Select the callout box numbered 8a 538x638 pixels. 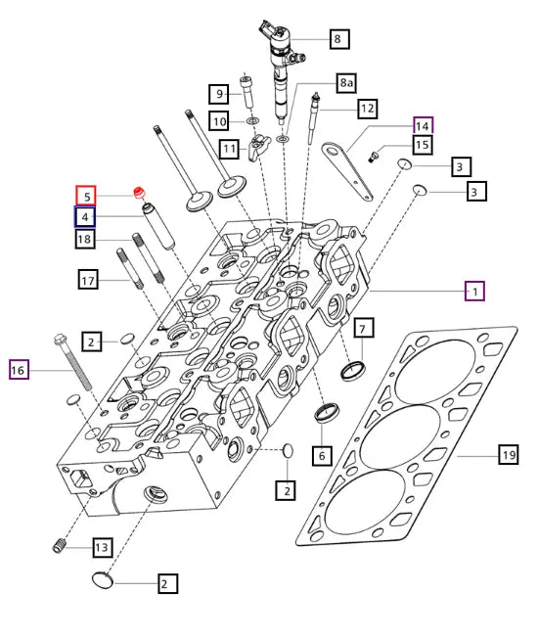(x=346, y=84)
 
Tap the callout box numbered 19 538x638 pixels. (x=508, y=454)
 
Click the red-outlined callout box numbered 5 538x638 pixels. (x=87, y=196)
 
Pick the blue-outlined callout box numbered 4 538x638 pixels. (x=87, y=216)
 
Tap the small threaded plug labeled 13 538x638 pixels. (x=58, y=545)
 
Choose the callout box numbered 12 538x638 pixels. (x=367, y=108)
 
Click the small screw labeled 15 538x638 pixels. (x=373, y=156)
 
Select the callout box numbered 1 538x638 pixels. (x=473, y=291)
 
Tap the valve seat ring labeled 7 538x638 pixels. (x=353, y=369)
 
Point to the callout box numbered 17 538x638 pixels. (x=89, y=281)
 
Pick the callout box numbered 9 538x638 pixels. (x=220, y=94)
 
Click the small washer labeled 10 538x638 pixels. (x=252, y=121)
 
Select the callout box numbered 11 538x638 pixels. (x=229, y=149)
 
